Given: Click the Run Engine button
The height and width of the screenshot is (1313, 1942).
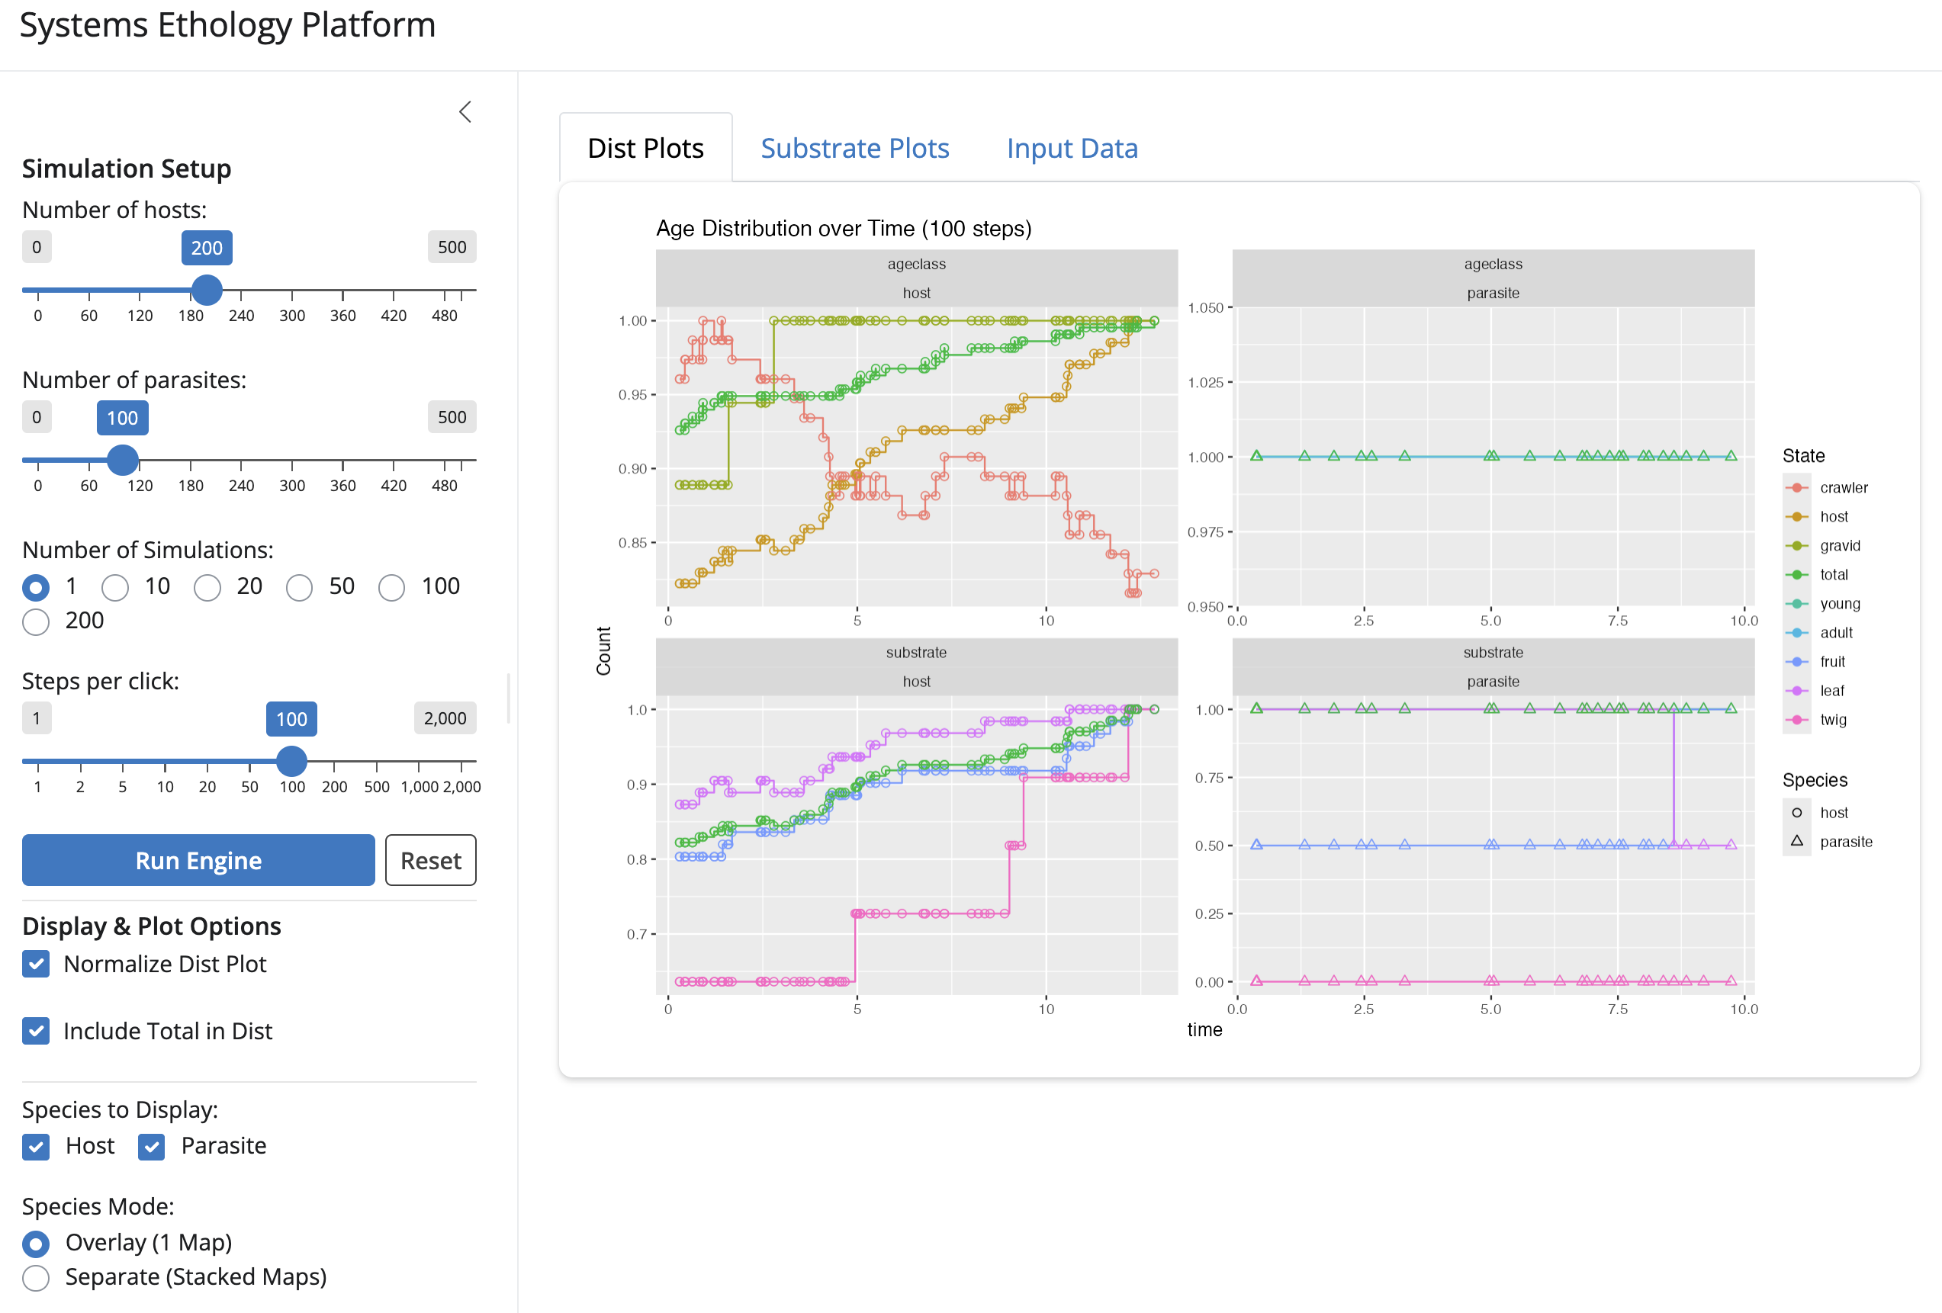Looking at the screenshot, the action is (198, 859).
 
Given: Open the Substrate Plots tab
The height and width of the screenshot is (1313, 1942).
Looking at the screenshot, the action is (855, 148).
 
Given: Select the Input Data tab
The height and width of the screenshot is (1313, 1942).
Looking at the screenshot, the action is (1072, 148).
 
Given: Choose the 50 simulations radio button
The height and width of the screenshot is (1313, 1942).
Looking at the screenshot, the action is (299, 587).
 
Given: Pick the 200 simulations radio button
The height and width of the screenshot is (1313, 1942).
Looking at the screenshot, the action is (36, 621).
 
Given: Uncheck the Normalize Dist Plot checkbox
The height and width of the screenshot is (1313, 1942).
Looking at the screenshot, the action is (36, 964).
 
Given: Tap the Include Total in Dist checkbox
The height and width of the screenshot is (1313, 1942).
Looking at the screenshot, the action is (36, 1031).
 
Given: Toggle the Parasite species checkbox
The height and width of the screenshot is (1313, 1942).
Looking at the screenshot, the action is (151, 1147).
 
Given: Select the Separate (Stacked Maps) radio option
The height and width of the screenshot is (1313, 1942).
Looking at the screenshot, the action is (36, 1277).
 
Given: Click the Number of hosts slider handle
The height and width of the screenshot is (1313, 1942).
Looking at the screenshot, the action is (207, 290).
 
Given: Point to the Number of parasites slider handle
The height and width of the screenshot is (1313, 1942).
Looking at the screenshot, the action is (123, 459).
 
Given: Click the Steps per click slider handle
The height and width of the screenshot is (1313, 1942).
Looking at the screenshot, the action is (291, 761).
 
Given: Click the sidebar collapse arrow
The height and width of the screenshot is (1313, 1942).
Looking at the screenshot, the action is (465, 112).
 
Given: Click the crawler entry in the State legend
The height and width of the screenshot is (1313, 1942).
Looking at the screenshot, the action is (1844, 488).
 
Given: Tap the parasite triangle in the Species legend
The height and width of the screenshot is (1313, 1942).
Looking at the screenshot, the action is (1796, 841).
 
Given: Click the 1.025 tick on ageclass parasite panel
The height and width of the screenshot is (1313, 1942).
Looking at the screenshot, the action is (1205, 383).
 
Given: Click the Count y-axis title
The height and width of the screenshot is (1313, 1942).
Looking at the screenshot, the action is (603, 650).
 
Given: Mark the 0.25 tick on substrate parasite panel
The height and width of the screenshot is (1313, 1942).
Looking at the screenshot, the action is (1209, 913).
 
